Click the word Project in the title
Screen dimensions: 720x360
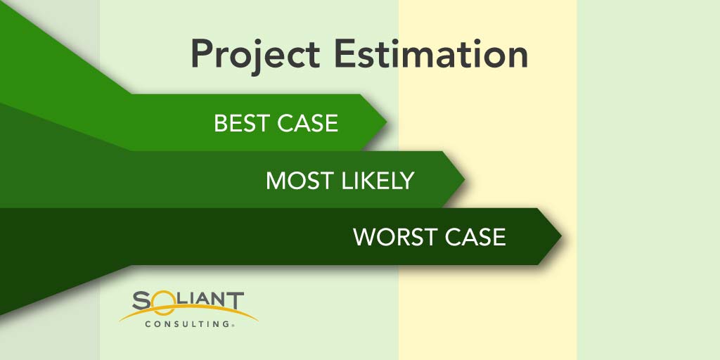coord(255,56)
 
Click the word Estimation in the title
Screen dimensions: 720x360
coord(431,53)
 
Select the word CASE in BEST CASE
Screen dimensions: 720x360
coord(308,123)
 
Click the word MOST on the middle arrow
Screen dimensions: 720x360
coord(300,181)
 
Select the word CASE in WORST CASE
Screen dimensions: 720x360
coord(475,237)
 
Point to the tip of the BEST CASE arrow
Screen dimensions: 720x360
coord(387,122)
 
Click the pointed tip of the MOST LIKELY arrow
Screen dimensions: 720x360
coord(464,179)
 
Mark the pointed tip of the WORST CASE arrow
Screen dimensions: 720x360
coord(561,236)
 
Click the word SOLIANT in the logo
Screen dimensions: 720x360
coord(188,301)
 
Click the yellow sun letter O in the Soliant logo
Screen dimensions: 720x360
coord(161,302)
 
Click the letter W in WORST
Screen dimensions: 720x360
coord(365,237)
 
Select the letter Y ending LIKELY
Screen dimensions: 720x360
coord(407,181)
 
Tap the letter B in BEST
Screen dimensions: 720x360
coord(221,123)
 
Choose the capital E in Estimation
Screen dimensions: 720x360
coord(345,53)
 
